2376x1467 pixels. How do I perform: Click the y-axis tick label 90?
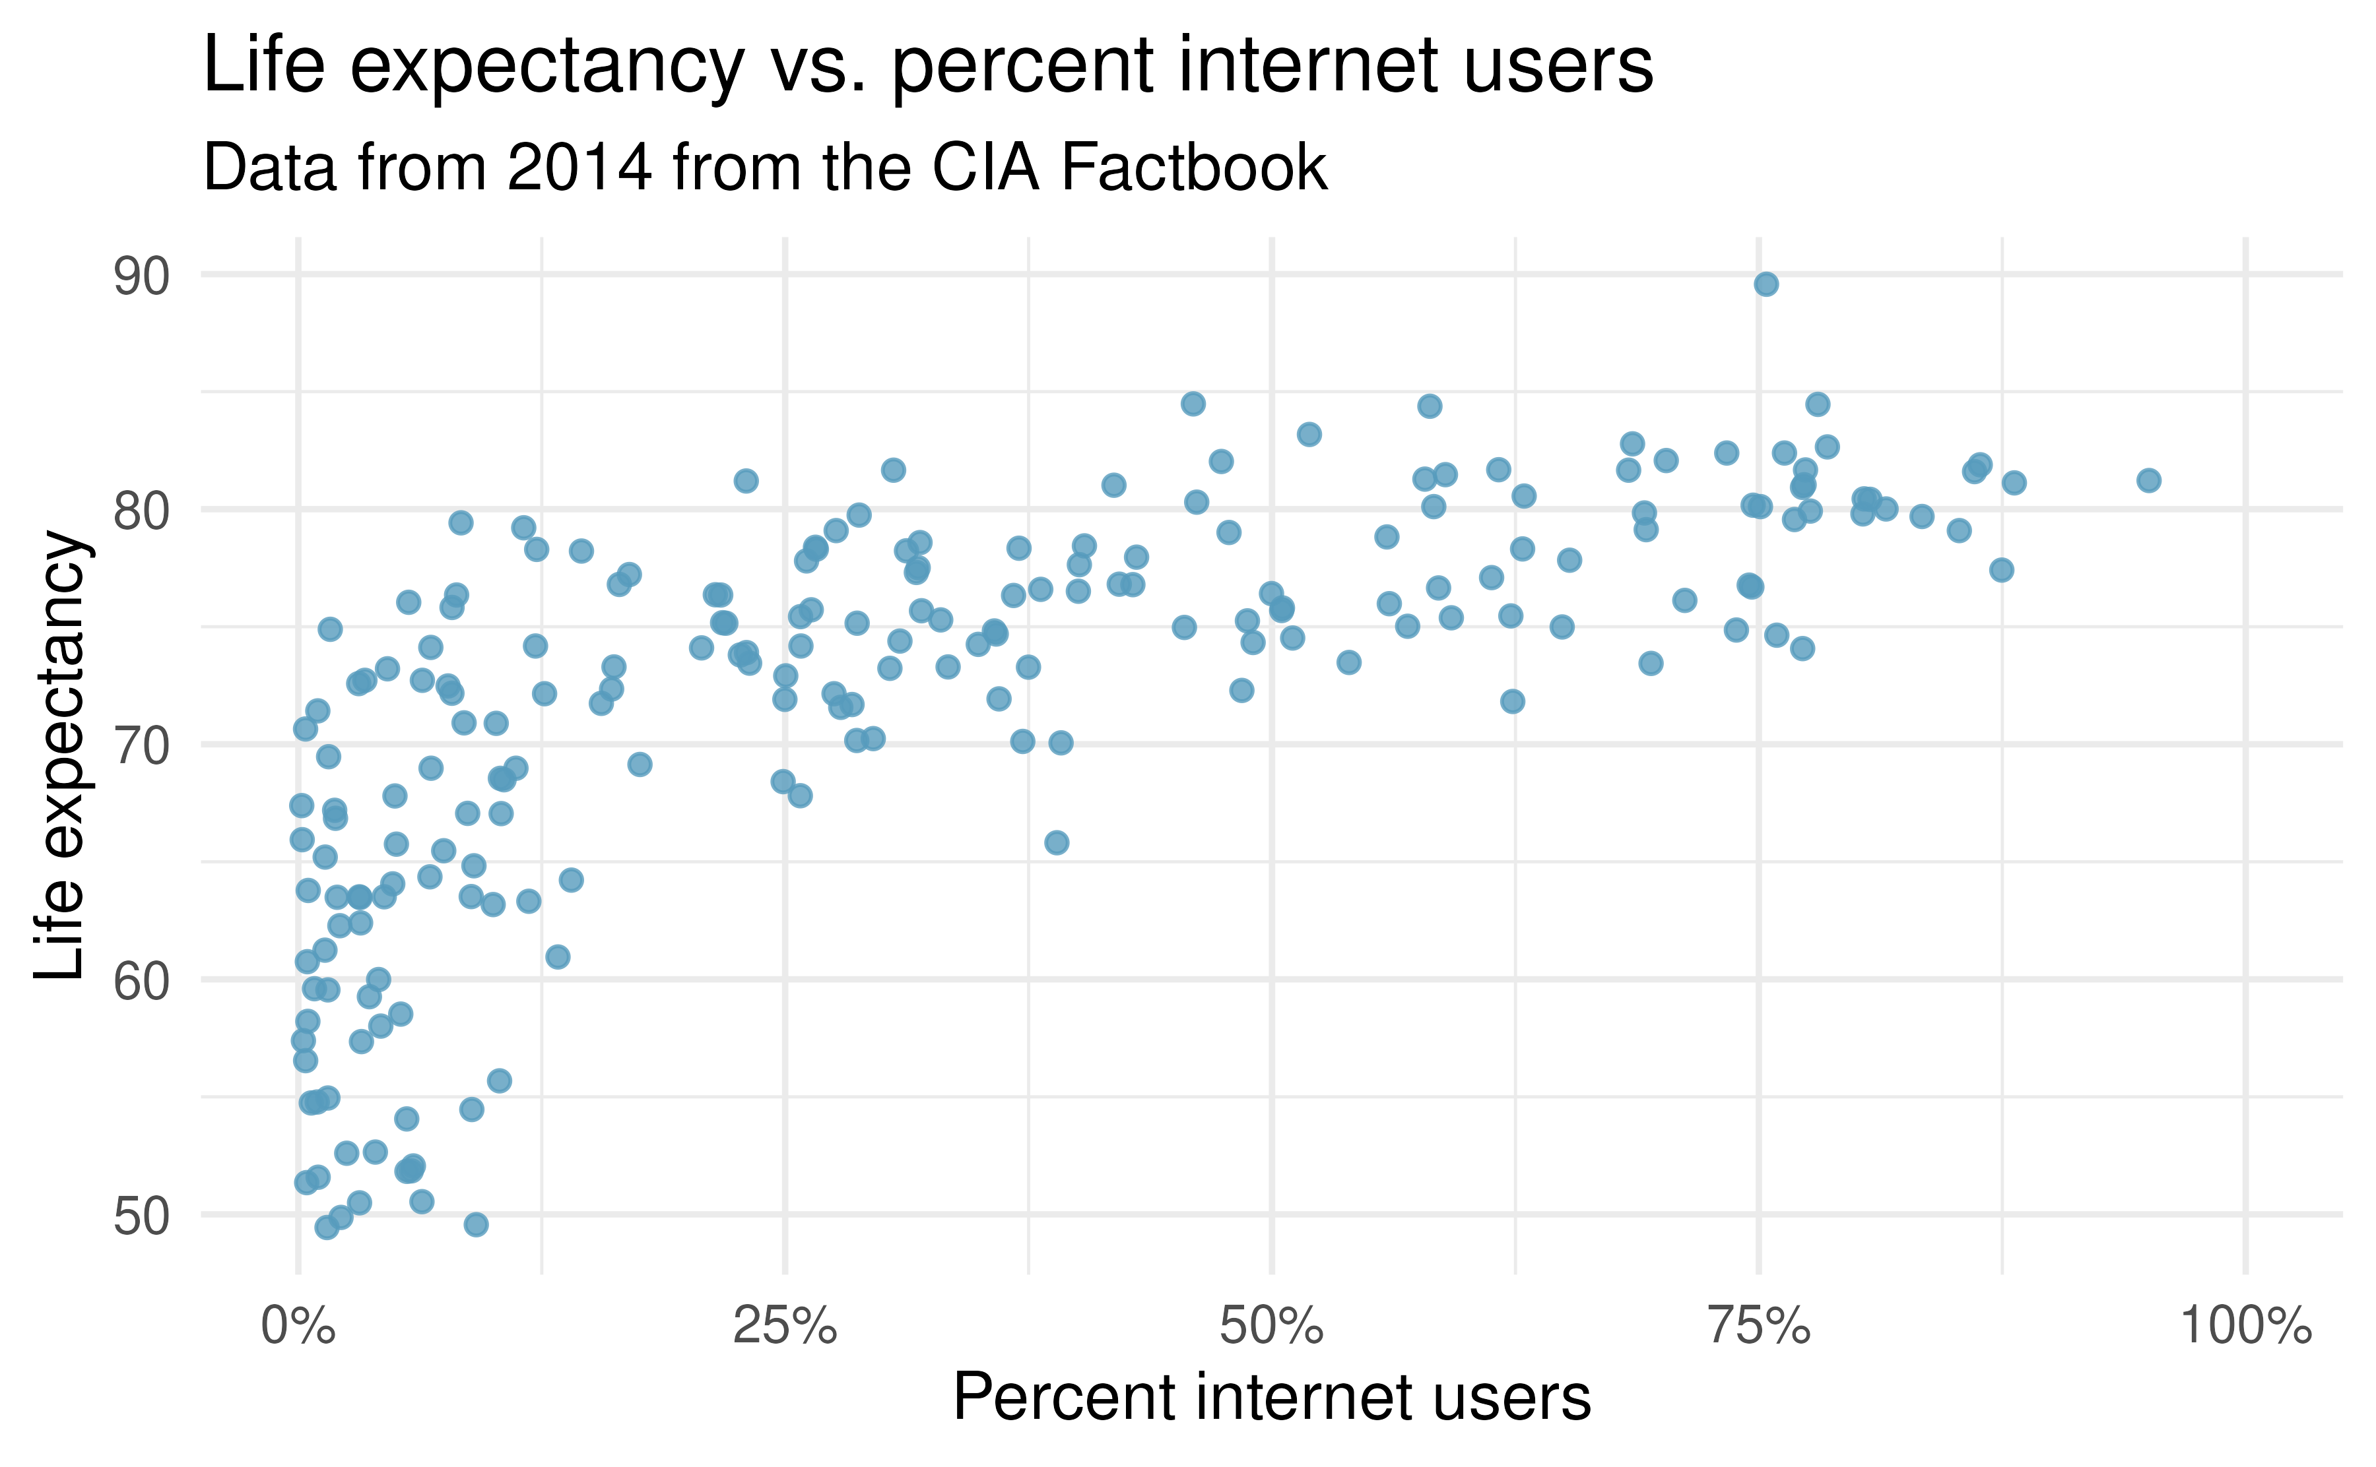142,278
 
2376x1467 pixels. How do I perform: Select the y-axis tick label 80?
142,513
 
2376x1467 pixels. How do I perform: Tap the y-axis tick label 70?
142,748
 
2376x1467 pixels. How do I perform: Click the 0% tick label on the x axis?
298,1327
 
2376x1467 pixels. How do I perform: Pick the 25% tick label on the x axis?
784,1327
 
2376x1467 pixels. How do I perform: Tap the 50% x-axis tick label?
1271,1327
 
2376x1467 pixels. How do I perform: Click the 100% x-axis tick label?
2245,1327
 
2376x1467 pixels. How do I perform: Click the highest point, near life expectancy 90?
1765,284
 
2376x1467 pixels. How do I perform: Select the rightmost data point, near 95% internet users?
2149,480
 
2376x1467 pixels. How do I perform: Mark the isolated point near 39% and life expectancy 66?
1056,842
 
